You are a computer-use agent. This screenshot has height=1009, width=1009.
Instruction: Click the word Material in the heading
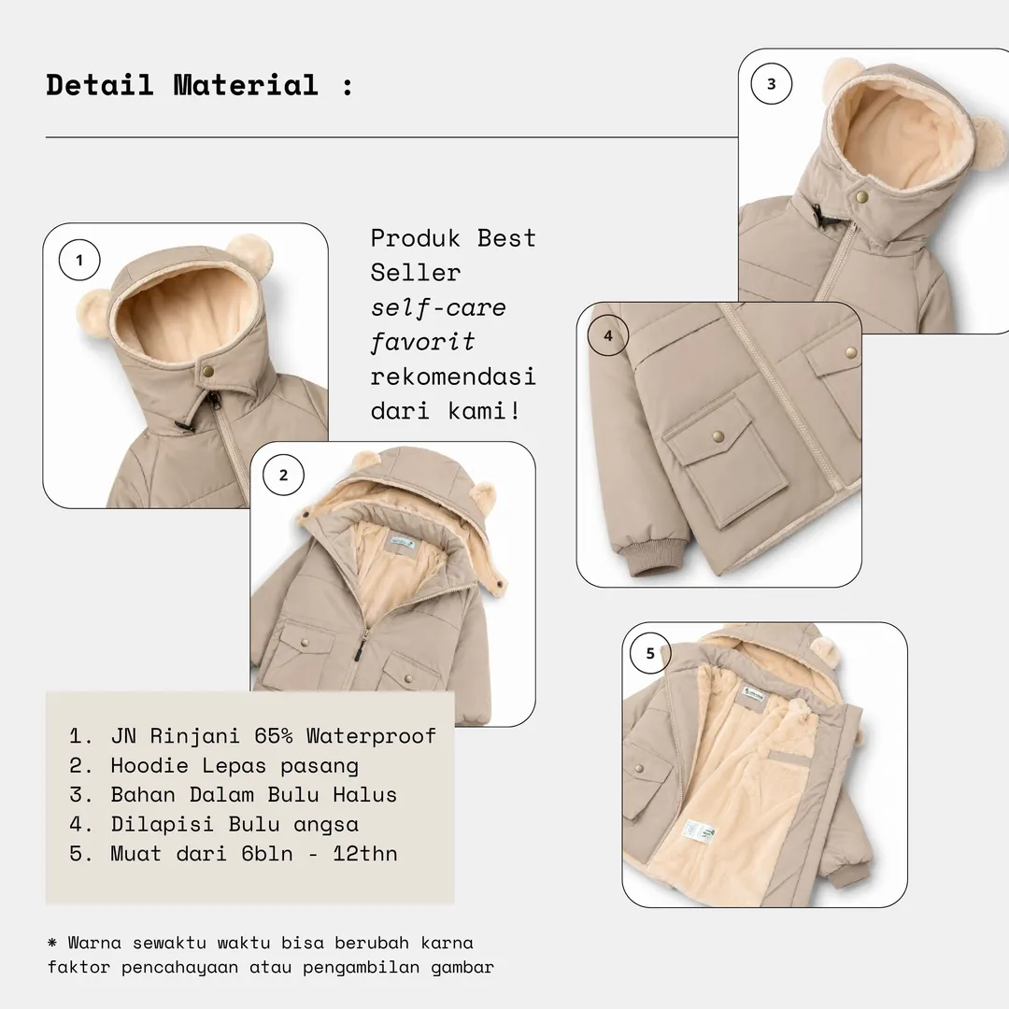click(x=246, y=85)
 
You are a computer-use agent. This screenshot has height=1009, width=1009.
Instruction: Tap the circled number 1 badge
click(x=79, y=260)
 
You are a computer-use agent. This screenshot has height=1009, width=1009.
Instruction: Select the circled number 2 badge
click(x=283, y=475)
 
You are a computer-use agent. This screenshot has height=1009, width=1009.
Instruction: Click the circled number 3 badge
click(x=772, y=84)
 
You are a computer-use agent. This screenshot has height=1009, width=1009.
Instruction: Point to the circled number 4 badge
click(x=608, y=335)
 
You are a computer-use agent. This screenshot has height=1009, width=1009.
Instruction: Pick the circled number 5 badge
click(x=650, y=653)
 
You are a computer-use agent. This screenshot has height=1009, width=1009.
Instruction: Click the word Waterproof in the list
click(x=371, y=735)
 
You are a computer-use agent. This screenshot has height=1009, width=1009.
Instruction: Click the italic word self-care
click(x=438, y=307)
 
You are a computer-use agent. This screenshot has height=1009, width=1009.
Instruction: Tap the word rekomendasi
click(x=453, y=376)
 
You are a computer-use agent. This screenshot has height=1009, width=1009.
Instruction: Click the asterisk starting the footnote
click(x=52, y=943)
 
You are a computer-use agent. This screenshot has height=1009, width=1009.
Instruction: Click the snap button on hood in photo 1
click(x=207, y=372)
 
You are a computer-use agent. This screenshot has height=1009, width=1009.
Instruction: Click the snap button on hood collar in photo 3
click(x=861, y=196)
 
